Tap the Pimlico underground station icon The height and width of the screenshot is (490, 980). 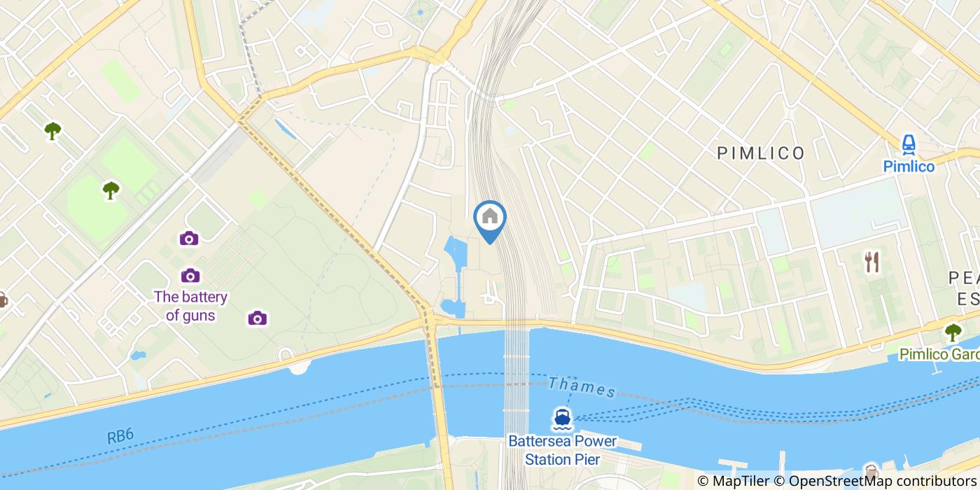909,145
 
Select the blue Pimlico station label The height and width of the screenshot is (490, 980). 909,167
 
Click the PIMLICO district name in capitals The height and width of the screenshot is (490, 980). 761,153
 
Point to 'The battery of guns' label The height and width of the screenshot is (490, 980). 190,306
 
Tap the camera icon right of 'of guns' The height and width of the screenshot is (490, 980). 257,318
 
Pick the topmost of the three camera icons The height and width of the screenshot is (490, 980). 188,239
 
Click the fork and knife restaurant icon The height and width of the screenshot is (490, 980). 871,262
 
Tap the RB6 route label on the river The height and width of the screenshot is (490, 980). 120,437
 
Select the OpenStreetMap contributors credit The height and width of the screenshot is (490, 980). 882,481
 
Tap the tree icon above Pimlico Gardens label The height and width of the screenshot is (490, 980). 953,332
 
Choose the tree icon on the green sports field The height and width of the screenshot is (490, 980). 111,190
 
